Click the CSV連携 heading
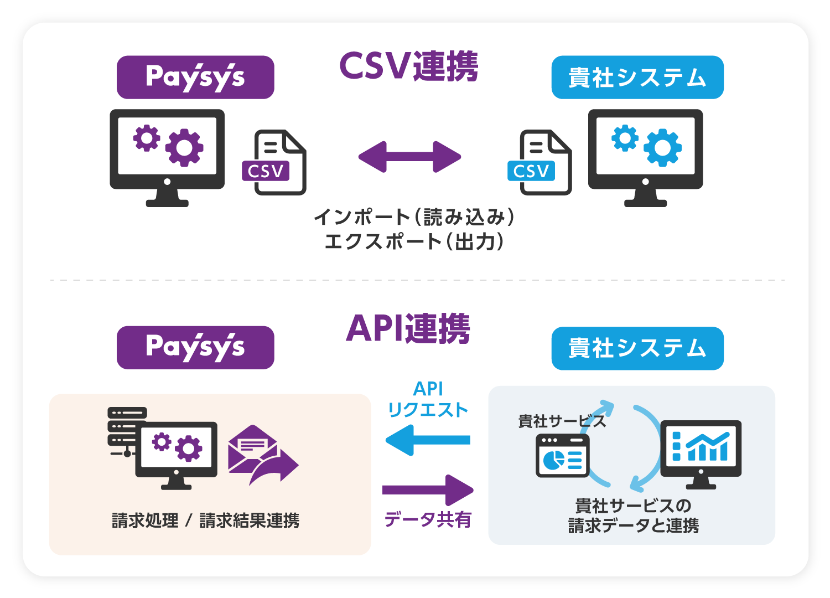coord(408,66)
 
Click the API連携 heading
coord(408,329)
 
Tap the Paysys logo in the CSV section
coord(195,78)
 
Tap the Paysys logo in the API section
coord(195,348)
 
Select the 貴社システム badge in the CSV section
coord(637,78)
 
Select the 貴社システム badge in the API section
coord(637,348)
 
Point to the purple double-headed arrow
coord(409,157)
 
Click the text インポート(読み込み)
coord(414,217)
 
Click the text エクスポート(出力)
coord(414,242)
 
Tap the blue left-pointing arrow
coord(427,440)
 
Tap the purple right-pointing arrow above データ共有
coord(428,490)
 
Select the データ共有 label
coord(428,519)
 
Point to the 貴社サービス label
coord(562,421)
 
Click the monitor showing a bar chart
coord(701,451)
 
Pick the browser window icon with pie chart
coord(562,456)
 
